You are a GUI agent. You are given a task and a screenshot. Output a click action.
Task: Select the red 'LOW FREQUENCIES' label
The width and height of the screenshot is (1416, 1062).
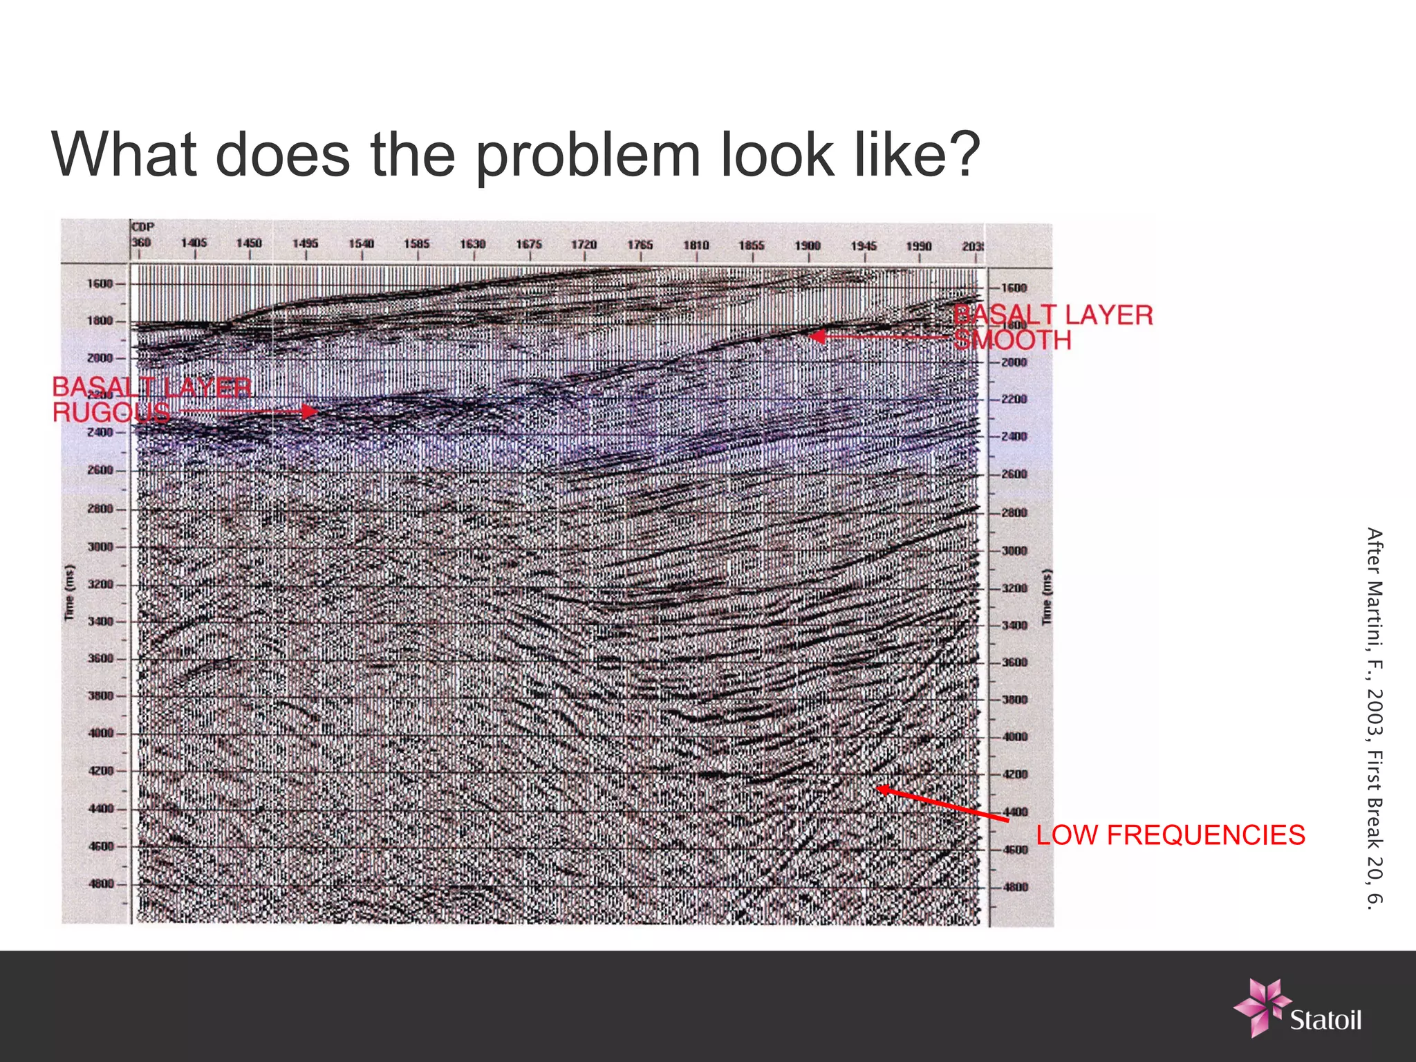pos(1170,835)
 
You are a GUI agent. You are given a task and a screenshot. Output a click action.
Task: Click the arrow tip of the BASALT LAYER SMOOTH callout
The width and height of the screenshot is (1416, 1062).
pos(812,337)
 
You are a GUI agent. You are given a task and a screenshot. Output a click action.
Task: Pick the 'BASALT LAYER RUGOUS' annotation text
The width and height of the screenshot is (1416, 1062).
pos(151,400)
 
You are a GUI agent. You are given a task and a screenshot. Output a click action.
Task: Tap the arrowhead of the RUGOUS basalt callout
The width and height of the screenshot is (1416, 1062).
pos(313,411)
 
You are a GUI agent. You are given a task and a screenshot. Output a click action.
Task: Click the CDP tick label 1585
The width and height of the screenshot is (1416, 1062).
pos(417,244)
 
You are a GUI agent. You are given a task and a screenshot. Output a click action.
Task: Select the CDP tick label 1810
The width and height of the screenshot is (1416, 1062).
pos(696,245)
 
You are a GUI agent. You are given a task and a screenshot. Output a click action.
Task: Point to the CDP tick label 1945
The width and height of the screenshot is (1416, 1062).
pos(864,246)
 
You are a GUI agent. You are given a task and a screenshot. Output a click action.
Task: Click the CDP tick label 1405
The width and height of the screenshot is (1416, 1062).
pos(194,243)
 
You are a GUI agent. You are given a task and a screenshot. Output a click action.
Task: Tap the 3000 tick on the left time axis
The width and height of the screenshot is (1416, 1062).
pos(100,547)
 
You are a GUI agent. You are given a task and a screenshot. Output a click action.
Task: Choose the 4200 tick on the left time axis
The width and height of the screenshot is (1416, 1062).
pos(100,770)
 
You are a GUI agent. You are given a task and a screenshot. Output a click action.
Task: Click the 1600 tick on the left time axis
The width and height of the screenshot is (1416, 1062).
pos(100,283)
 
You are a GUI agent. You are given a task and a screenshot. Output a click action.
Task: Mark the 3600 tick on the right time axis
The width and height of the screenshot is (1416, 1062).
pos(1014,662)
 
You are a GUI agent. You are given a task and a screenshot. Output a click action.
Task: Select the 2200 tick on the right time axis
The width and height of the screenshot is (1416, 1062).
pos(1014,400)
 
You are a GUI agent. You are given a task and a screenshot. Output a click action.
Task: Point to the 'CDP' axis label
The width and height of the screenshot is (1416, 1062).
pos(143,227)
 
